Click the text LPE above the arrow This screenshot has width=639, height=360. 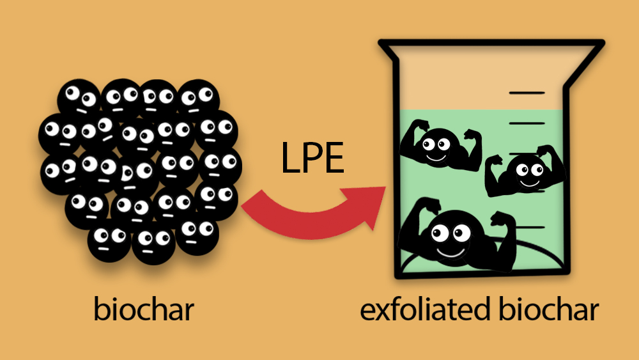pos(312,159)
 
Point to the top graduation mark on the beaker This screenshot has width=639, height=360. pos(527,93)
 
